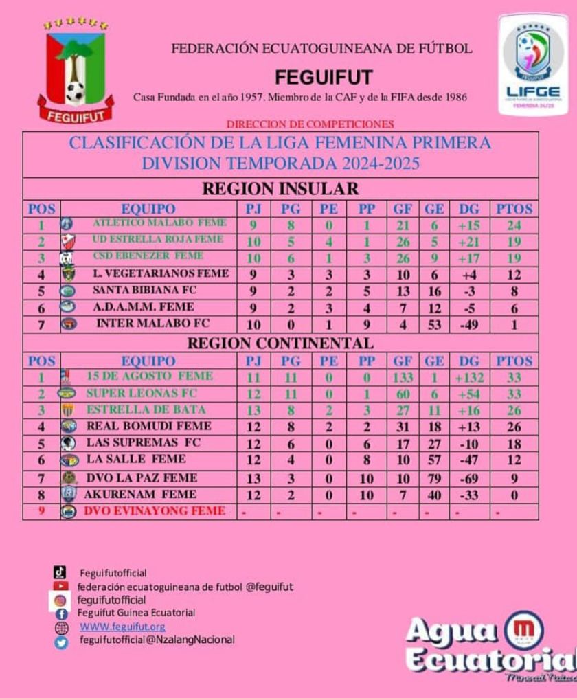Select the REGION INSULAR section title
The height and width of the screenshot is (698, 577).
(x=280, y=189)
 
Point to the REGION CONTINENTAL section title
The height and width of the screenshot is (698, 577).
(x=280, y=343)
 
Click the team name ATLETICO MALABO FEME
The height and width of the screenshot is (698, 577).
(x=159, y=223)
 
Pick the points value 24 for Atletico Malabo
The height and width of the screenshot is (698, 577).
(x=514, y=225)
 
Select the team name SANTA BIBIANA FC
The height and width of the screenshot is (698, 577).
(x=144, y=290)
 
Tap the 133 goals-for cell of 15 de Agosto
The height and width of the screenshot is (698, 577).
(x=403, y=377)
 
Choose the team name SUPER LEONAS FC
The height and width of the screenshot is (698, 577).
(x=142, y=393)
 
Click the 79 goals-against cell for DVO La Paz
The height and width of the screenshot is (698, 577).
(x=434, y=478)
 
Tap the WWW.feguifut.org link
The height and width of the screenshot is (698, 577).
(x=122, y=627)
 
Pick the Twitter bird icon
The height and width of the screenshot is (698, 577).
(x=61, y=642)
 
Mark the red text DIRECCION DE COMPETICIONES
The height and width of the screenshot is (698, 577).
(x=310, y=124)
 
